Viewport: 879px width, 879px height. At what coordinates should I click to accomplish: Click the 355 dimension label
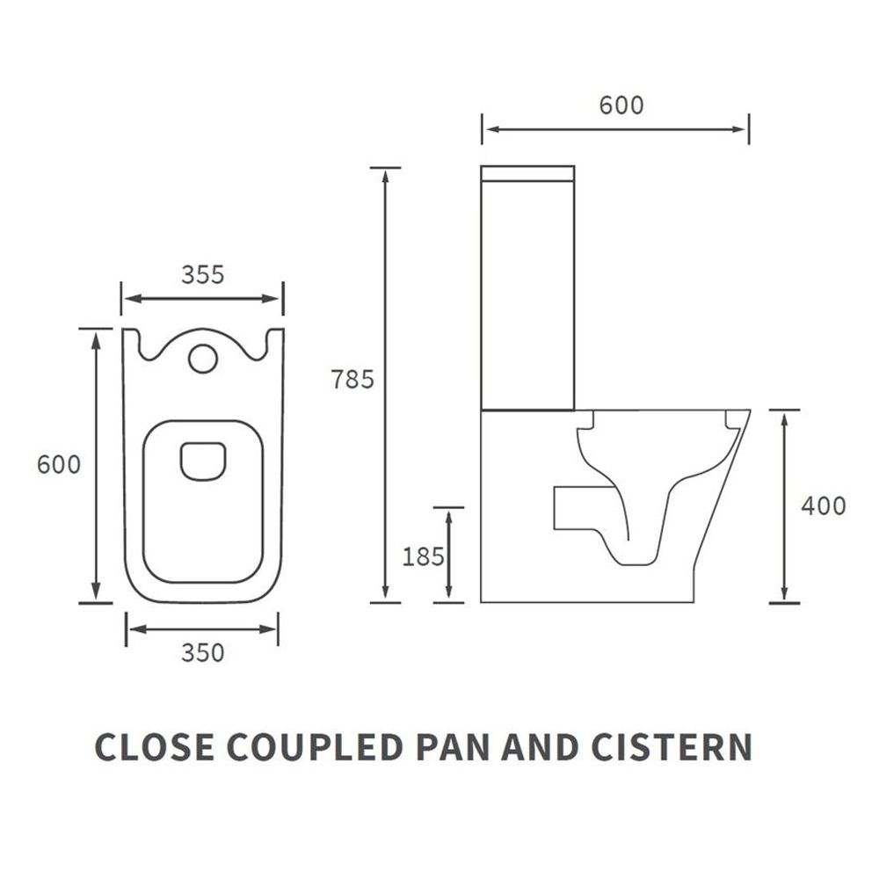[x=202, y=274]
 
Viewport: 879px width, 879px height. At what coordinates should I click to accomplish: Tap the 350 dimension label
[x=202, y=653]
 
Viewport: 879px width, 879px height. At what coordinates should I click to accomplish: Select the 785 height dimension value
[x=352, y=380]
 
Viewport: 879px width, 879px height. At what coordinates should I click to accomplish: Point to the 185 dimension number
[x=424, y=556]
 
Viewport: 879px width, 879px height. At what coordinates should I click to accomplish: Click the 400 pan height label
[x=824, y=506]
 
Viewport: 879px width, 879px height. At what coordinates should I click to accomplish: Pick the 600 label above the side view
[x=621, y=105]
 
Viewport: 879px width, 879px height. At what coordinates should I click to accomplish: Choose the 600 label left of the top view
[x=59, y=465]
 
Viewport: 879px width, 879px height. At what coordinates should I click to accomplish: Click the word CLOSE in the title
[x=155, y=746]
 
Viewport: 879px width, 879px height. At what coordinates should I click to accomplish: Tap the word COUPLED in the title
[x=315, y=746]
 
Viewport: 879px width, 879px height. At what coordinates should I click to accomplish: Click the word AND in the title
[x=541, y=746]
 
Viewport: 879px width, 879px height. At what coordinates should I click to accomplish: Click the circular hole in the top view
[x=202, y=359]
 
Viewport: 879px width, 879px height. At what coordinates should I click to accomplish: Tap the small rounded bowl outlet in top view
[x=203, y=461]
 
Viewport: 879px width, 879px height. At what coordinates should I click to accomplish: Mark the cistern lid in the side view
[x=527, y=173]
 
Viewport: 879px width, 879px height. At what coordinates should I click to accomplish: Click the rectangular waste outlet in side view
[x=583, y=508]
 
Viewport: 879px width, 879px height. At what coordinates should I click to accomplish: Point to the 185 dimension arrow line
[x=448, y=555]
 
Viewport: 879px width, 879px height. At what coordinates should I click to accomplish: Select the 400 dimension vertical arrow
[x=784, y=506]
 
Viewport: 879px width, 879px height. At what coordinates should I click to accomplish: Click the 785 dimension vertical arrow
[x=385, y=385]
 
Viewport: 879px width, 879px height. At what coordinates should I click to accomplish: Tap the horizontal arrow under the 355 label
[x=202, y=298]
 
